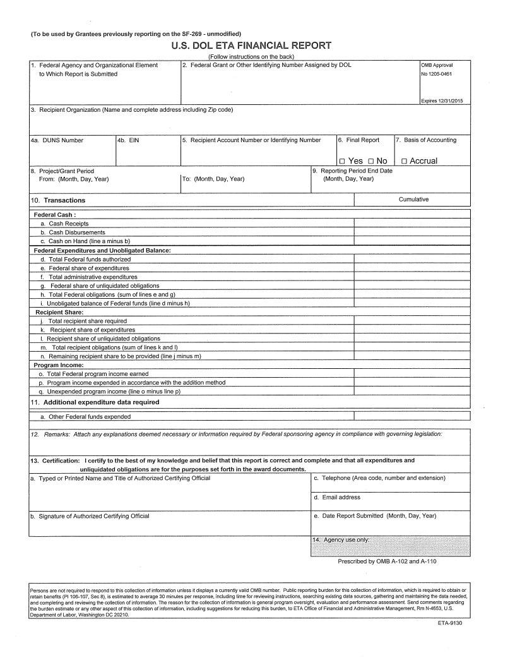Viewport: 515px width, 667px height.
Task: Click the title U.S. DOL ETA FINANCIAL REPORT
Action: (251, 45)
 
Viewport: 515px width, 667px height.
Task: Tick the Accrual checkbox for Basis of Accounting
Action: (404, 162)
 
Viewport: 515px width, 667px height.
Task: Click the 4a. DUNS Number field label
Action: (57, 140)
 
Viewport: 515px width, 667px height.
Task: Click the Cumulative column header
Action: (413, 200)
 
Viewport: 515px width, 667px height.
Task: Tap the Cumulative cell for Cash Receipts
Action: (411, 223)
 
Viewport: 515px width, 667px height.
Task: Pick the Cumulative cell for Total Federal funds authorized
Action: (411, 259)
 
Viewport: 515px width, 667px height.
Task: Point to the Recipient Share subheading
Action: (57, 312)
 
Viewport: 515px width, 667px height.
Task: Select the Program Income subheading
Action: (59, 365)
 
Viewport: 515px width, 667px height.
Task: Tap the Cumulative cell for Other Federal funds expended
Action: (411, 416)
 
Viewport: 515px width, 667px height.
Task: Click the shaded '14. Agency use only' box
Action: (389, 546)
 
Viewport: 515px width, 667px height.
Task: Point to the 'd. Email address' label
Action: (337, 498)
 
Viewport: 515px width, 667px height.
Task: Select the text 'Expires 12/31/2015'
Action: (441, 102)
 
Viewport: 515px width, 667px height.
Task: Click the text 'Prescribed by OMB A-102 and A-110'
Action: (387, 562)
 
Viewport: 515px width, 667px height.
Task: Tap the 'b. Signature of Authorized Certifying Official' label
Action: (90, 516)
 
